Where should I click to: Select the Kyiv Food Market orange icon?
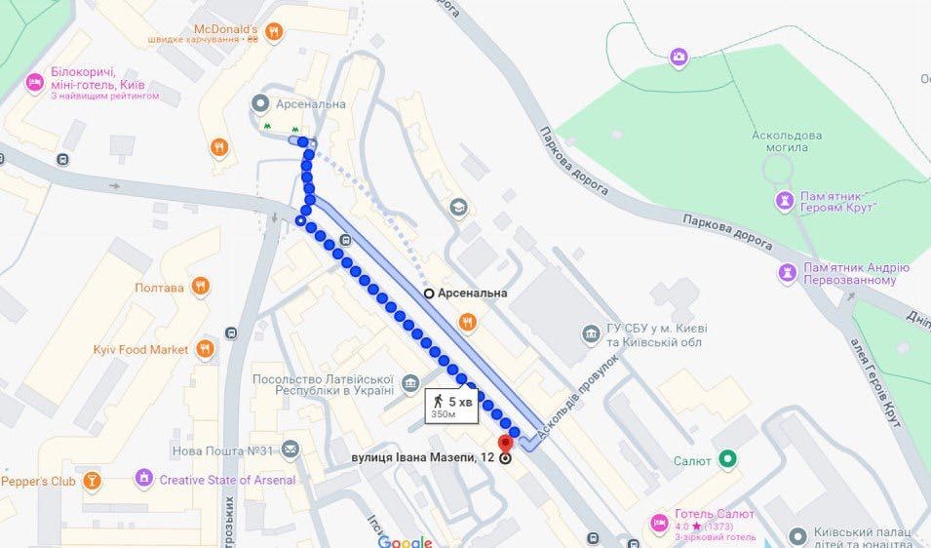(x=205, y=348)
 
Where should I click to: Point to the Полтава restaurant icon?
(x=201, y=287)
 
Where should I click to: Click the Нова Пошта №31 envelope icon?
(x=290, y=450)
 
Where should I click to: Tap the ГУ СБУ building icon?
(x=591, y=334)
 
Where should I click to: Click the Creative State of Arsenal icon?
(x=144, y=479)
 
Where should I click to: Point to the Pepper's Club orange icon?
(x=92, y=480)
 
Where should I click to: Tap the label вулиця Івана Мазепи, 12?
(x=424, y=457)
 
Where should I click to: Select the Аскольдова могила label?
(x=780, y=140)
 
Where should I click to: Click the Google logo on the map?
(x=405, y=541)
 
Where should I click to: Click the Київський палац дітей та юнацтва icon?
(x=796, y=534)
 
